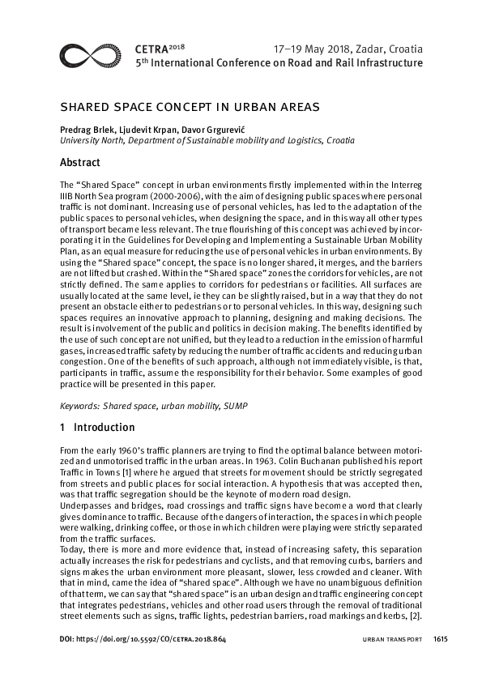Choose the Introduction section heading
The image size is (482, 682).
[x=104, y=427]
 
